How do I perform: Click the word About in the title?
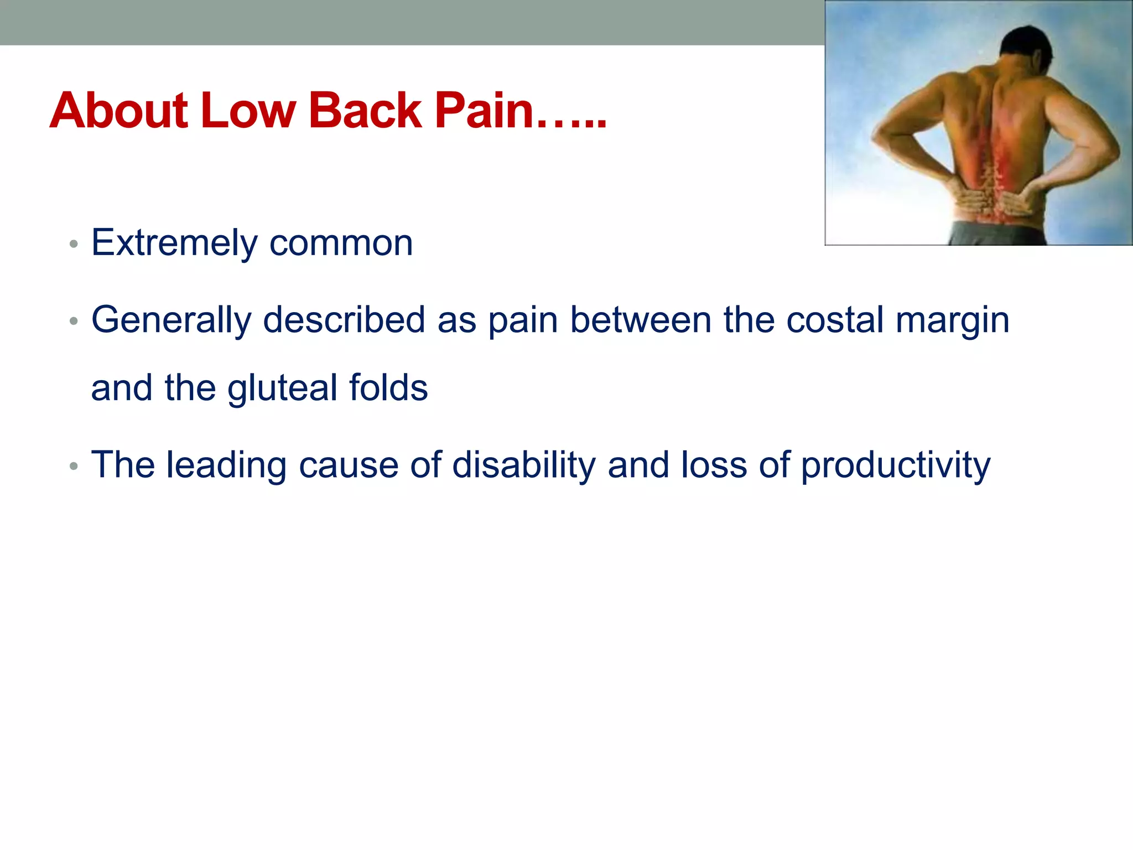(119, 111)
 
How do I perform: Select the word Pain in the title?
(484, 111)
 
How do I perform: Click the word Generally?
(171, 321)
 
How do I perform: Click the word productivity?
(895, 466)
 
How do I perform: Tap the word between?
(641, 321)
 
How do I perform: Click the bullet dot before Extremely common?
(74, 244)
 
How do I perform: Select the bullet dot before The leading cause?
(74, 466)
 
